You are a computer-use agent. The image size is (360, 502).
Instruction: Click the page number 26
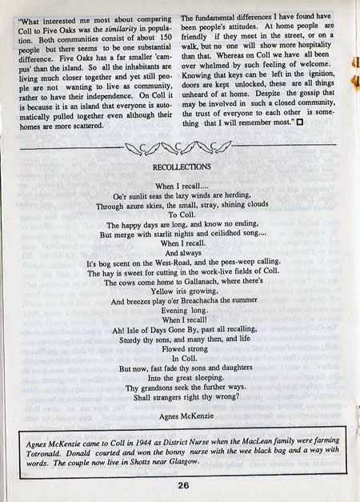click(183, 484)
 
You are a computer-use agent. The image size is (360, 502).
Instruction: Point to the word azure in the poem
click(142, 206)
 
